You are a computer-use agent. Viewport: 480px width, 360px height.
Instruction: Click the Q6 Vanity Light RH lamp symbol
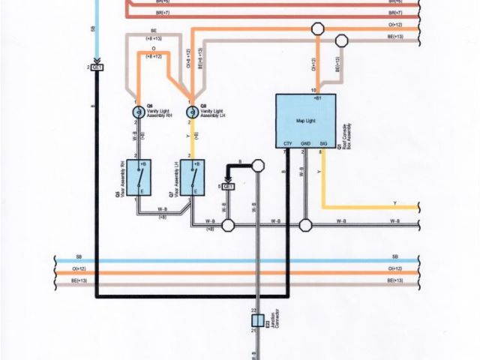click(x=138, y=111)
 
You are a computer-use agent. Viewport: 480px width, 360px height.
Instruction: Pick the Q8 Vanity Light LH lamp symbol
click(x=193, y=111)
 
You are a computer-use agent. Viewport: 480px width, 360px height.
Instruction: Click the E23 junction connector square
click(x=257, y=320)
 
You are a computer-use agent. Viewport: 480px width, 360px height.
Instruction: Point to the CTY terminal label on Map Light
click(x=288, y=143)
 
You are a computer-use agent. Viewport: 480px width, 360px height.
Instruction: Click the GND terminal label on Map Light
click(x=305, y=143)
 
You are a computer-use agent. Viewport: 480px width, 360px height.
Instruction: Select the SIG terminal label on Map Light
click(x=323, y=143)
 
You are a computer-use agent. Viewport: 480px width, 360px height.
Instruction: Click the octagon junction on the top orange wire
click(x=317, y=28)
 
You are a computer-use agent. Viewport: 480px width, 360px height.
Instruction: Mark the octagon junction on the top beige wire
click(x=341, y=40)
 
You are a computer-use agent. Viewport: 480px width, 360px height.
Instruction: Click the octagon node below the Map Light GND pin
click(x=305, y=224)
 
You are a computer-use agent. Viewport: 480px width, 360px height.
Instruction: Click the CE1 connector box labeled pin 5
click(x=229, y=186)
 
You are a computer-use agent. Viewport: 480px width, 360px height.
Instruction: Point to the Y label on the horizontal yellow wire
click(x=415, y=203)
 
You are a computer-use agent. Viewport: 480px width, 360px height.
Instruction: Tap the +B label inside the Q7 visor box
click(x=196, y=164)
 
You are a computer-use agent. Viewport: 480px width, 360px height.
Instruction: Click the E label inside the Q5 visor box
click(x=142, y=192)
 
